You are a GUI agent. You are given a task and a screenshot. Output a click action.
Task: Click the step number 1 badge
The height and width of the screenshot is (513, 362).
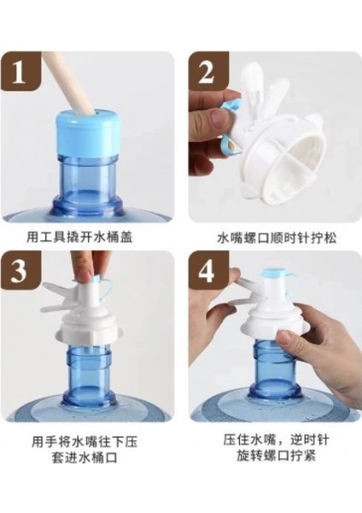[20, 72]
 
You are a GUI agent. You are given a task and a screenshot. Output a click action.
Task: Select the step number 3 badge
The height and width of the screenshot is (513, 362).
[20, 271]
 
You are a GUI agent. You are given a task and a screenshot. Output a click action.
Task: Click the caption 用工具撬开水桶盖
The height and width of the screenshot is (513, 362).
[79, 237]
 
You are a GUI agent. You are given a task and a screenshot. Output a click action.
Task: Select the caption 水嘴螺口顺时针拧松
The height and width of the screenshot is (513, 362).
[277, 239]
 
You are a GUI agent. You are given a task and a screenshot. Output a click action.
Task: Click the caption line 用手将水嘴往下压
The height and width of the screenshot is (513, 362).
[85, 442]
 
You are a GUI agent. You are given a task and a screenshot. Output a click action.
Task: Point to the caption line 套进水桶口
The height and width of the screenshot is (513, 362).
[85, 458]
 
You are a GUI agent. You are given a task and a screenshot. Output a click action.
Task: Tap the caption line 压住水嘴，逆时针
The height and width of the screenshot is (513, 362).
[277, 440]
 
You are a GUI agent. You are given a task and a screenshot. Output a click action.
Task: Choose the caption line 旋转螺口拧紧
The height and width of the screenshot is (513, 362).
[277, 456]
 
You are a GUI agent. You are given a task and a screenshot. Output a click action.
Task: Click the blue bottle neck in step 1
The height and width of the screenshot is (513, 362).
[85, 177]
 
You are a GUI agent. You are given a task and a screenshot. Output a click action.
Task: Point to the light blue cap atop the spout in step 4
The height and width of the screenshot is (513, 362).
[274, 273]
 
